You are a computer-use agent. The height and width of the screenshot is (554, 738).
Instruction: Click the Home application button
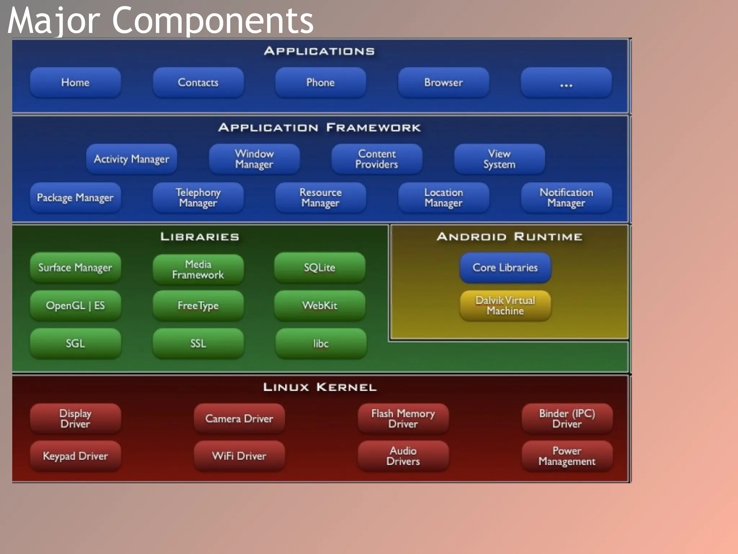point(75,83)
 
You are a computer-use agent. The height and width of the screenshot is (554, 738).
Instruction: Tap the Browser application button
point(443,83)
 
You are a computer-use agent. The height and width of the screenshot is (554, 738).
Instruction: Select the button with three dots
point(566,83)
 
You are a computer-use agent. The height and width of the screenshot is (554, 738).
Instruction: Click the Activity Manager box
point(132,159)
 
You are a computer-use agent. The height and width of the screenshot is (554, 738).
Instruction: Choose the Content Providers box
point(377,159)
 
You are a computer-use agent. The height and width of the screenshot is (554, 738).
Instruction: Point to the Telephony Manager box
point(198,198)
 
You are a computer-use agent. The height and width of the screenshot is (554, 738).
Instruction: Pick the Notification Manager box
point(566,198)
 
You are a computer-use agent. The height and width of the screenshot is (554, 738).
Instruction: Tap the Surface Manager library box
point(75,268)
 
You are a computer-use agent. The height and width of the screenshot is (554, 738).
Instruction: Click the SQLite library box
point(320,268)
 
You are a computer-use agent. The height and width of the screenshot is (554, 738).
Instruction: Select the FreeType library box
point(198,306)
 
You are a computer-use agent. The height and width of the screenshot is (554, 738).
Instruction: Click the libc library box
point(321,343)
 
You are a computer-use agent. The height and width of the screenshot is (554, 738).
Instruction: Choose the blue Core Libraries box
point(505,268)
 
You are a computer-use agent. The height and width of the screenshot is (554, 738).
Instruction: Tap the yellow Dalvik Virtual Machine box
point(505,306)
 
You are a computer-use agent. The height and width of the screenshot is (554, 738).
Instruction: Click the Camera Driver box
point(239,418)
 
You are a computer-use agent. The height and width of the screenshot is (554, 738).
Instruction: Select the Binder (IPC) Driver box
point(567,418)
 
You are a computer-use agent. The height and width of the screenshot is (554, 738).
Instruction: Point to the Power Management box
point(567,456)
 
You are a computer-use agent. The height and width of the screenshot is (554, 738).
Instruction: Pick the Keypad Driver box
point(75,456)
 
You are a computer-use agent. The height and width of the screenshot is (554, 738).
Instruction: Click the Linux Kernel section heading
point(320,387)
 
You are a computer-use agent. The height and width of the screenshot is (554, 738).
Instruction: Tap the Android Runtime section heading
point(509,237)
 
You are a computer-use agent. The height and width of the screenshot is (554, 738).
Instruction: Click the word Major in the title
point(53,21)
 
